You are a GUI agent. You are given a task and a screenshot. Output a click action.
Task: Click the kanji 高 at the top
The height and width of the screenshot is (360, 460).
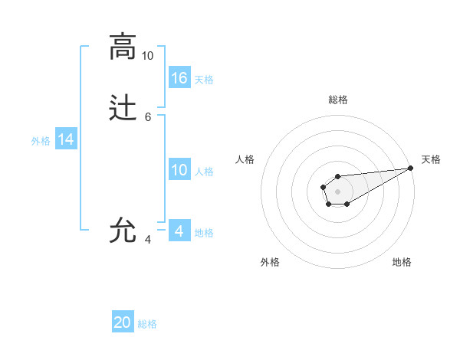[123, 47]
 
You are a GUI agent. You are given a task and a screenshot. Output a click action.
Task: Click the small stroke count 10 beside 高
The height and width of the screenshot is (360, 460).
[147, 56]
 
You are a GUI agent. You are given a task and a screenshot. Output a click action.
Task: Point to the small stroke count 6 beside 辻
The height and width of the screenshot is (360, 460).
[147, 117]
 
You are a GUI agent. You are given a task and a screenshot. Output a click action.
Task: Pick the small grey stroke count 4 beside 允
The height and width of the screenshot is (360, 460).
[147, 239]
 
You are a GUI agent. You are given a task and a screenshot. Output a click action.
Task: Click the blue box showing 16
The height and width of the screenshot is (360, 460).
[179, 77]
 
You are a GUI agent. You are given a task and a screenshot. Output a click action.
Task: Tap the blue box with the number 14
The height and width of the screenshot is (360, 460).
[66, 139]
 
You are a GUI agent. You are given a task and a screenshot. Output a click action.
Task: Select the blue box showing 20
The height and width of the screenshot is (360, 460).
[123, 322]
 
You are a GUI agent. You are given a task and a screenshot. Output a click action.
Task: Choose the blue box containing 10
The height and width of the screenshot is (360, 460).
[179, 170]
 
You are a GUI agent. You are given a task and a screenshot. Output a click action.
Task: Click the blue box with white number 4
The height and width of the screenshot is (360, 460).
[179, 231]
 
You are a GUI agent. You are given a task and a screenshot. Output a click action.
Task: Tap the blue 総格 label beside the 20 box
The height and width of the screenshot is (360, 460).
[147, 324]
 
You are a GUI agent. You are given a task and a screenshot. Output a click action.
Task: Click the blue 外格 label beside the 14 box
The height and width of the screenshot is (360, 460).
[40, 141]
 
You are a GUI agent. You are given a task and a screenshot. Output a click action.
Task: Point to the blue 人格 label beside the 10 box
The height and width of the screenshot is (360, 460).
[204, 172]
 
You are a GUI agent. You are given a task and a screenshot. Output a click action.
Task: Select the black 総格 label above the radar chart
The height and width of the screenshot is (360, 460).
[337, 100]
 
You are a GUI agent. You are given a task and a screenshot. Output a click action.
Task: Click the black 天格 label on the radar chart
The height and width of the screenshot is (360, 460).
[431, 159]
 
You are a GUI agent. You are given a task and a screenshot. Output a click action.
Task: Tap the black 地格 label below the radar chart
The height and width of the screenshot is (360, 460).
[402, 262]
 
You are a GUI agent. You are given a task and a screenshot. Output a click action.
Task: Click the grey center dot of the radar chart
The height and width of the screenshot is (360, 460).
[337, 191]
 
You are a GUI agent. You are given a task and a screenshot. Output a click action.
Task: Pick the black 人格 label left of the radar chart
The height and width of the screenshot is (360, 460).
[245, 159]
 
